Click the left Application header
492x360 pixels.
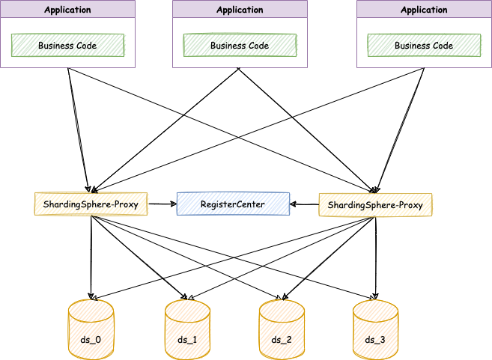[67, 10]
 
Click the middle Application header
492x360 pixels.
[240, 10]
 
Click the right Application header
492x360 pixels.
[424, 10]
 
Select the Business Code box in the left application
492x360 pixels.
[67, 45]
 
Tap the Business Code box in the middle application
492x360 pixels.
[240, 45]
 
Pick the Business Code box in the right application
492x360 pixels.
[424, 45]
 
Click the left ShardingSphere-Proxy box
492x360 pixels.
[91, 204]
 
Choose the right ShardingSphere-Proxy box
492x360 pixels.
[375, 204]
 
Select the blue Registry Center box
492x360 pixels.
[233, 204]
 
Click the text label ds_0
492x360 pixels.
[91, 341]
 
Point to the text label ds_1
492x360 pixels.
[187, 341]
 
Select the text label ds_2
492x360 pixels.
[282, 341]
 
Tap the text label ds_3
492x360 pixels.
[375, 341]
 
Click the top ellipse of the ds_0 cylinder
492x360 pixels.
[91, 308]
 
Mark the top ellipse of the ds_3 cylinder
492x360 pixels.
[375, 308]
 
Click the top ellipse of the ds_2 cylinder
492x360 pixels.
[282, 308]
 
